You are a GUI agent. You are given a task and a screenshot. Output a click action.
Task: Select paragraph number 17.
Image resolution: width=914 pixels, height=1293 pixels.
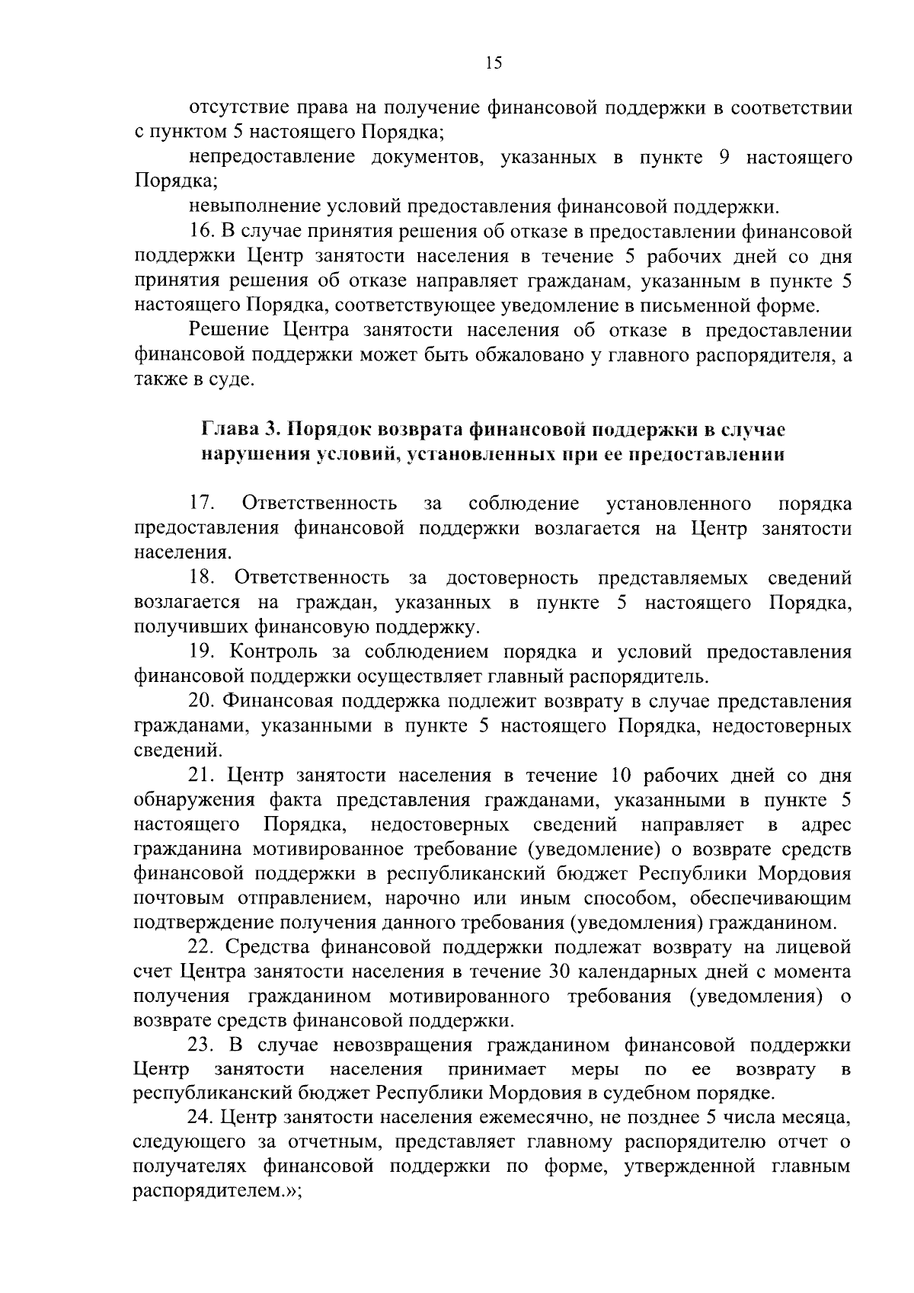pos(202,504)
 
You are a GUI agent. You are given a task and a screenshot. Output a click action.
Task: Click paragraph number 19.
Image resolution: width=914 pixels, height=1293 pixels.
pos(202,652)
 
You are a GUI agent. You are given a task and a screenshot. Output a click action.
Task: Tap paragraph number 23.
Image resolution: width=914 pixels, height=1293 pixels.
pos(202,1045)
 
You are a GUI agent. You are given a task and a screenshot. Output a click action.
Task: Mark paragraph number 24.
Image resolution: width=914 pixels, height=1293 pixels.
pos(202,1118)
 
